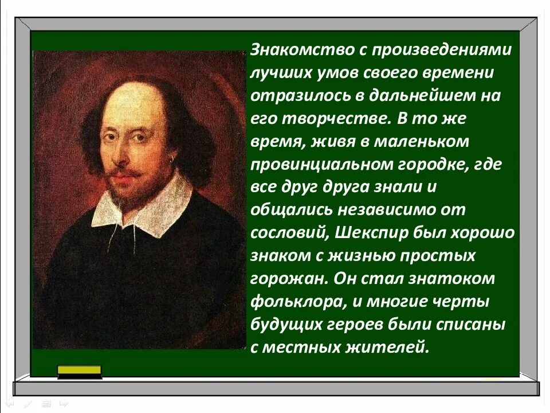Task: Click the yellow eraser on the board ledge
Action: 80,372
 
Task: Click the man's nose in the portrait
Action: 126,150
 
